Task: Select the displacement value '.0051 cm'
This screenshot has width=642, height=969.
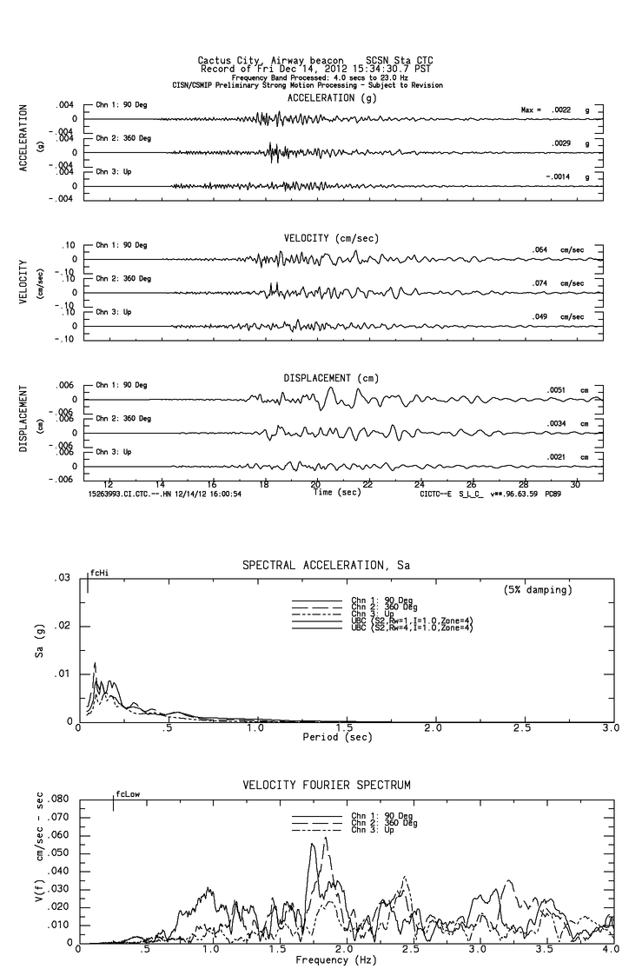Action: click(x=567, y=390)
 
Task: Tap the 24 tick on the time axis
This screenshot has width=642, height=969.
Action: click(x=420, y=484)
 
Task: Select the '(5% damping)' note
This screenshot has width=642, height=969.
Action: click(x=538, y=590)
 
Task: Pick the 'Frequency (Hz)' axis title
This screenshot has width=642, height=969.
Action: click(x=336, y=960)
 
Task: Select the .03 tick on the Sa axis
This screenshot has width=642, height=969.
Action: click(x=63, y=579)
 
